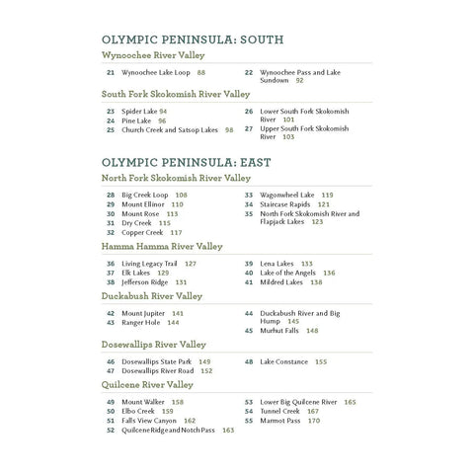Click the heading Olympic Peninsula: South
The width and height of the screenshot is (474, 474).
point(193,39)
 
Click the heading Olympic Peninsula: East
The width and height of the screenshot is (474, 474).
point(188,160)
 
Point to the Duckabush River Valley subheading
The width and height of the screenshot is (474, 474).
point(152,295)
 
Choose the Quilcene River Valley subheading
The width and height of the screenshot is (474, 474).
point(147,384)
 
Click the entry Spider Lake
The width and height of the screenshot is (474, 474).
point(138,112)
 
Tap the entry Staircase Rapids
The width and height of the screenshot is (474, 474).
point(285,204)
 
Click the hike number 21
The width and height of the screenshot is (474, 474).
point(110,73)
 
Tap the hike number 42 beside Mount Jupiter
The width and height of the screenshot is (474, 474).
point(110,313)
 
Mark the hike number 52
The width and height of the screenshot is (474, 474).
point(110,431)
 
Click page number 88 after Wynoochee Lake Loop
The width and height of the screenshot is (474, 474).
point(201,73)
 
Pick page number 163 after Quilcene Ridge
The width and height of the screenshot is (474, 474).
point(228,431)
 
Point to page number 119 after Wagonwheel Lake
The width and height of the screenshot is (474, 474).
point(327,196)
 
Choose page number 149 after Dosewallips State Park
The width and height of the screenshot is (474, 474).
point(205,362)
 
